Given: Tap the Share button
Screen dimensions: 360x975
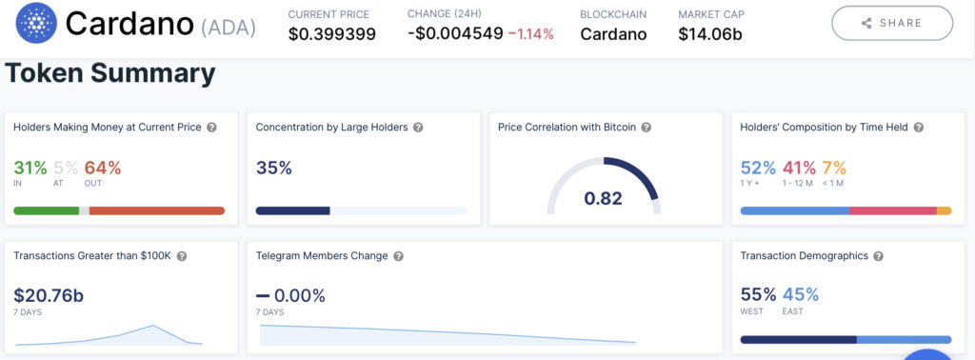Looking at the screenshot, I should [891, 23].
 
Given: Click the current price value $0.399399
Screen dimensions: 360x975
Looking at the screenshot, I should [331, 34].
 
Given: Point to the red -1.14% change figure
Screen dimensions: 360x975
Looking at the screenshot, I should [530, 34].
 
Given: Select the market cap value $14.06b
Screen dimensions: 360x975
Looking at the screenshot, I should [710, 34].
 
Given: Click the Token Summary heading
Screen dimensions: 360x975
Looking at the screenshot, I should [110, 73].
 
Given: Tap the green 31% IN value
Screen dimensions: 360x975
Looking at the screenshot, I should [30, 168].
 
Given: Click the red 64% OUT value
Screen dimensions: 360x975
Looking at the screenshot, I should [103, 168].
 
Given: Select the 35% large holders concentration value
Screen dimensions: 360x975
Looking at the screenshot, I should [274, 168].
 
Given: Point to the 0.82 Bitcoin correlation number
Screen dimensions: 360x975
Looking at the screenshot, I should [603, 198].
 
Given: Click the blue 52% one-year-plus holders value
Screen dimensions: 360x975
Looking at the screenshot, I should [758, 168].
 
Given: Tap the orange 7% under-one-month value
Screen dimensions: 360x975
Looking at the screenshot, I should [834, 168].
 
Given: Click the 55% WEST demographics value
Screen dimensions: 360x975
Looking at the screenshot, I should [758, 294].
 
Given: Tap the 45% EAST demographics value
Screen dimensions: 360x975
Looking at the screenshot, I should [800, 294].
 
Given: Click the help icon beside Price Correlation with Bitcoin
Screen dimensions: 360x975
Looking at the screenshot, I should [646, 128].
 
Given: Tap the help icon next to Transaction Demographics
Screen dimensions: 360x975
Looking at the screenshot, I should [879, 256].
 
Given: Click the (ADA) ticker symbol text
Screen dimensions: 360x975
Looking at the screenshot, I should [228, 27].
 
